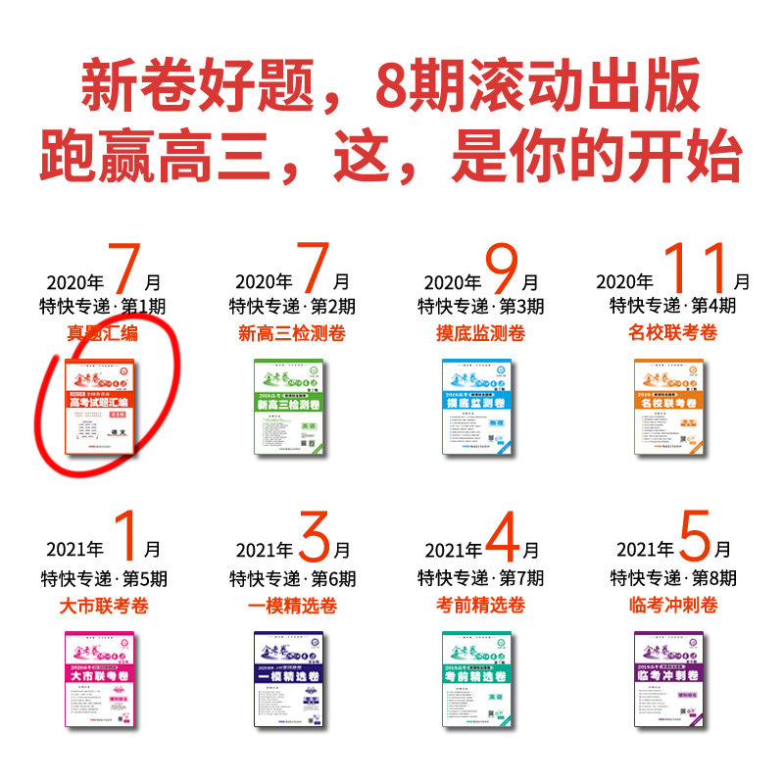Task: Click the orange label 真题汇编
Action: coord(102,333)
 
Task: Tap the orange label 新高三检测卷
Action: coord(292,333)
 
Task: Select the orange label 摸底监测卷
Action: coord(480,333)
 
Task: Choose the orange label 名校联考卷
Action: coord(672,333)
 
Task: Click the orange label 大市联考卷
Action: coord(102,606)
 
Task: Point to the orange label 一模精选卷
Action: coord(292,606)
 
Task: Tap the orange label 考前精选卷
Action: coord(480,606)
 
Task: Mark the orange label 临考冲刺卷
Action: coord(672,606)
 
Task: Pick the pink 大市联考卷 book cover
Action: coord(101,678)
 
